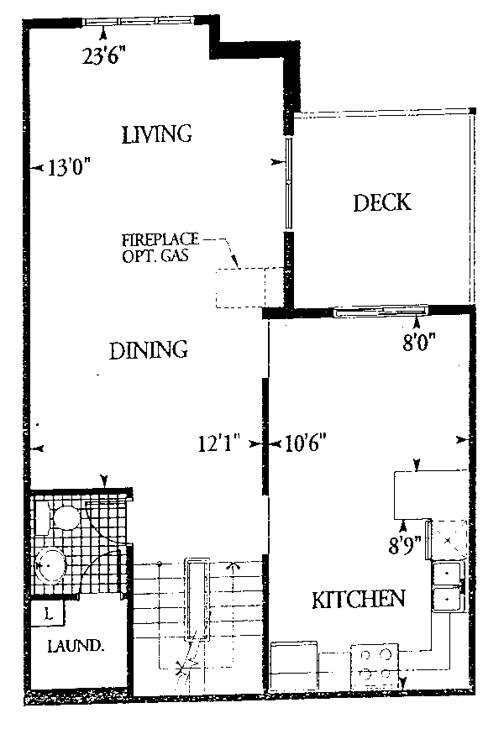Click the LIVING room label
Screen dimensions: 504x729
[157, 134]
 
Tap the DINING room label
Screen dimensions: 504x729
[149, 350]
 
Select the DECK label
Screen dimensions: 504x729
[382, 202]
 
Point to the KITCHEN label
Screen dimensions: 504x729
[358, 600]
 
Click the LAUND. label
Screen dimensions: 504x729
[76, 645]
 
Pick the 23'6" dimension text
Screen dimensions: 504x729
[105, 55]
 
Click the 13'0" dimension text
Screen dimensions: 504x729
[69, 167]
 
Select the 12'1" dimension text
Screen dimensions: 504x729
[218, 443]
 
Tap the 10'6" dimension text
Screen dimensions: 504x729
[305, 443]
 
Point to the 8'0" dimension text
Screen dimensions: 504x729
[418, 344]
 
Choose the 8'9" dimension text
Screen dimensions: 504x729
[405, 545]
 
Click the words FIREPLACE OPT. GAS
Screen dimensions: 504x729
[160, 248]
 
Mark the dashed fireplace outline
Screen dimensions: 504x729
[249, 287]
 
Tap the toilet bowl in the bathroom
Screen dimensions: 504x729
[66, 517]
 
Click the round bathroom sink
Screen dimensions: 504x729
[50, 565]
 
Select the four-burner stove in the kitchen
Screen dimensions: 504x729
[375, 667]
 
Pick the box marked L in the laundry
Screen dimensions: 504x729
[48, 614]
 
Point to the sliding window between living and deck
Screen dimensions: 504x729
[289, 183]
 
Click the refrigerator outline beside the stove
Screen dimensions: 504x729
[294, 666]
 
